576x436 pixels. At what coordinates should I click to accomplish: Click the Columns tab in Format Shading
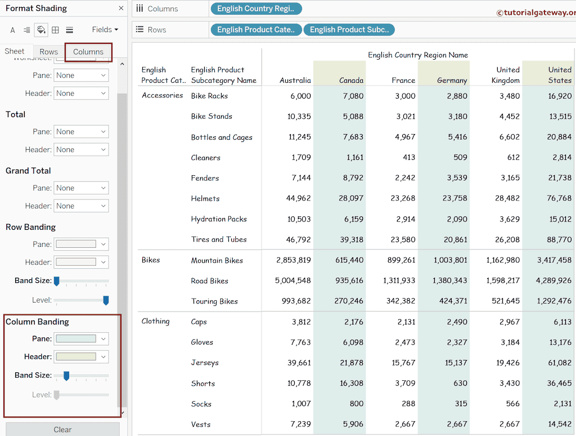88,52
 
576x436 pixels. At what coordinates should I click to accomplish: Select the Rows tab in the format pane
48,52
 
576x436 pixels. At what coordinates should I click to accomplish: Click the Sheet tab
15,51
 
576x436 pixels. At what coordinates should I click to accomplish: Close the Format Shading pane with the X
121,8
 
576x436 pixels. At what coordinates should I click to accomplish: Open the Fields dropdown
105,29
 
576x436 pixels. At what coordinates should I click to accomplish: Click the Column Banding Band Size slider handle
66,376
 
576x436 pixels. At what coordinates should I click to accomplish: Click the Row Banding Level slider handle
106,300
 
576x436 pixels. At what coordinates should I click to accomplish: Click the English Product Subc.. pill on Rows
349,30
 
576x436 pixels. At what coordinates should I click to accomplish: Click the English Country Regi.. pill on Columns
256,9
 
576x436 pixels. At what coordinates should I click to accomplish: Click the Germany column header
452,81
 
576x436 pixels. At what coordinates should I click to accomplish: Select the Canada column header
351,81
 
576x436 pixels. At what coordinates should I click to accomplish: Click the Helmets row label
205,199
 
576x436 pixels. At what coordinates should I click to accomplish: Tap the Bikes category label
151,260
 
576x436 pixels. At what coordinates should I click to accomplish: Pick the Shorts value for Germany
460,384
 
